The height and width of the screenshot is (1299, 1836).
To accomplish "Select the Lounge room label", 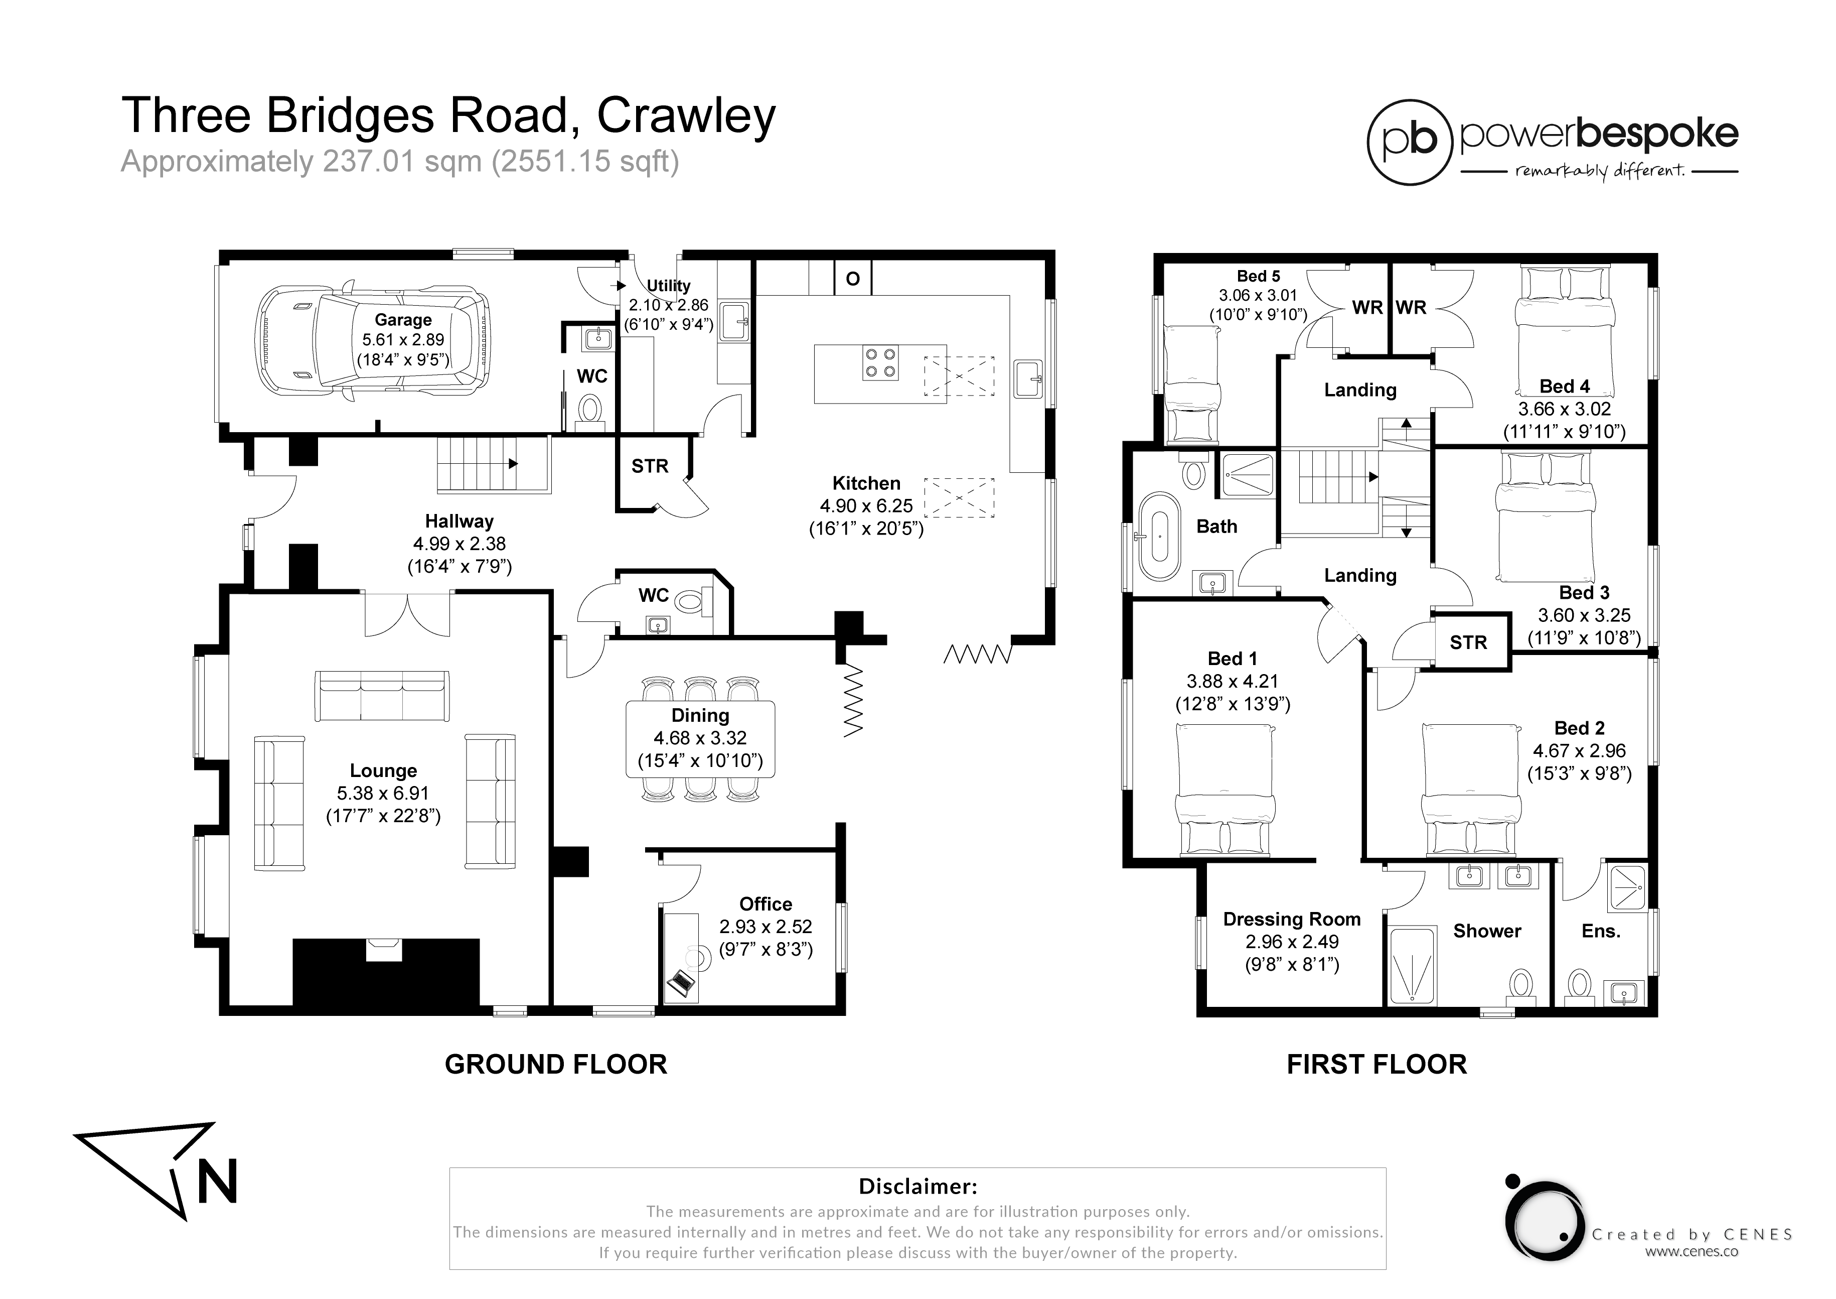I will pos(383,770).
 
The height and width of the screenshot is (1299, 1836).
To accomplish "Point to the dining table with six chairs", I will pos(700,738).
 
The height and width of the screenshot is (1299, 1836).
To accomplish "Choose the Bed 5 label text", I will pos(1258,276).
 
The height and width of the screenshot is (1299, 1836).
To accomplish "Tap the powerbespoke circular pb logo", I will pos(1409,142).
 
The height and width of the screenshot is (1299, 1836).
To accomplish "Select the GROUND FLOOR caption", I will pos(556,1065).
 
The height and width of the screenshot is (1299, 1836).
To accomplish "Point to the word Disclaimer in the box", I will pos(917,1186).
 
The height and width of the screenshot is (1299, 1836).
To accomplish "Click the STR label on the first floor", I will pos(1468,642).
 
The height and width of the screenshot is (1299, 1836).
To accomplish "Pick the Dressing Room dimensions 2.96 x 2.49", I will pos(1291,942).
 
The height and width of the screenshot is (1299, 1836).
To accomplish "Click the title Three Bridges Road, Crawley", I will pos(448,115).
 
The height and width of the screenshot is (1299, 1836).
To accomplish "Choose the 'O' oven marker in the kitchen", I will pos(852,279).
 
